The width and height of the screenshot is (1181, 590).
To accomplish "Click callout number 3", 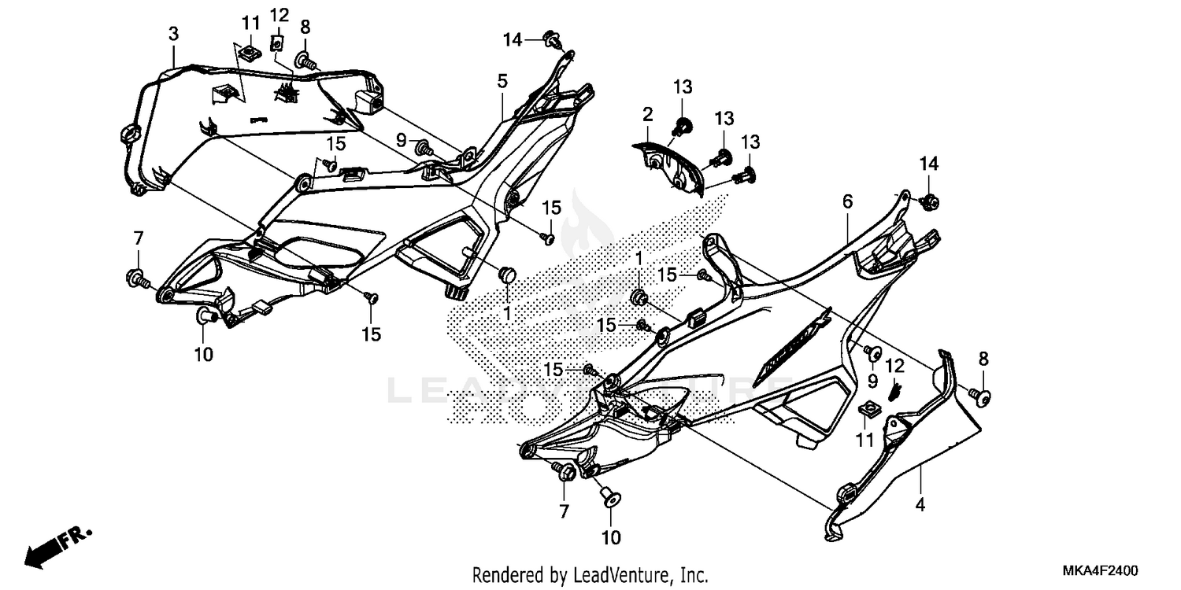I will (x=174, y=34).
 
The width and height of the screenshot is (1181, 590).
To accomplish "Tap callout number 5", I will (x=502, y=80).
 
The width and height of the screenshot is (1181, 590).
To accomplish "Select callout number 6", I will (x=847, y=202).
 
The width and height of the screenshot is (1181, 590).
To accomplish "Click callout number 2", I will (x=647, y=115).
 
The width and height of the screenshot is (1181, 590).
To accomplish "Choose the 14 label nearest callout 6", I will (x=929, y=164).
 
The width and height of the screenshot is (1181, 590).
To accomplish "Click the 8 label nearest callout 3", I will (x=305, y=27).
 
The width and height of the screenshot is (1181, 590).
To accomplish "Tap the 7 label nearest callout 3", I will (x=139, y=238).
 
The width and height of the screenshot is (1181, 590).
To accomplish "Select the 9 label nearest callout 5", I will (x=401, y=140).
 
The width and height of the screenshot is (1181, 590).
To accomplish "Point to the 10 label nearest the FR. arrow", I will (x=204, y=355).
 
